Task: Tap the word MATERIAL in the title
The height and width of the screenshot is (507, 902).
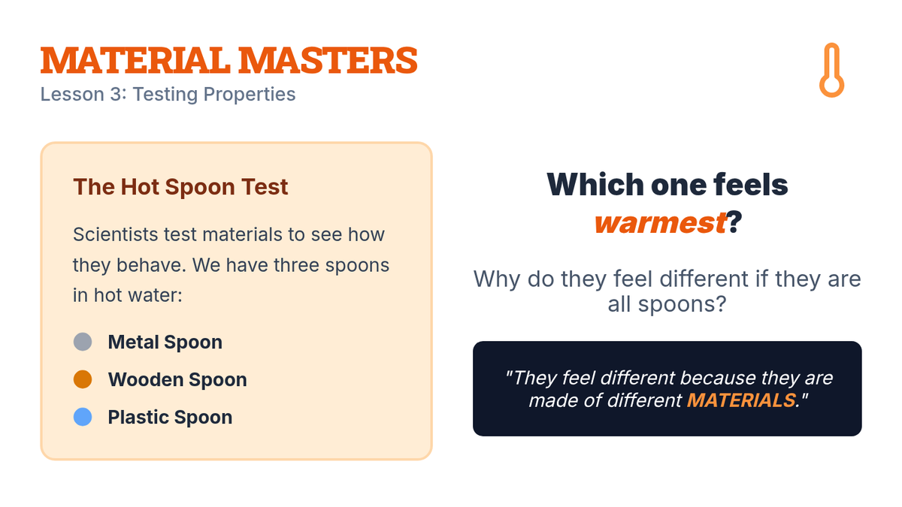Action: (x=135, y=60)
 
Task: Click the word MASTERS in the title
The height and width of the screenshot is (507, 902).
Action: (x=328, y=60)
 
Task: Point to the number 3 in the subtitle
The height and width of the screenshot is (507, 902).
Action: (x=116, y=94)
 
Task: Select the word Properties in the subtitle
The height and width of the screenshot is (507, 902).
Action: (x=250, y=95)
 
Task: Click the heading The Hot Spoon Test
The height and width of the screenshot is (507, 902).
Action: (x=180, y=187)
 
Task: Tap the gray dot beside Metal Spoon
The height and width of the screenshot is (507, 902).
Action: (x=83, y=342)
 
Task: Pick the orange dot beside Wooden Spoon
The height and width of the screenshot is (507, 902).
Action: (x=83, y=379)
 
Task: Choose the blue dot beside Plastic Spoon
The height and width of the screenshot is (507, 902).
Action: (x=83, y=416)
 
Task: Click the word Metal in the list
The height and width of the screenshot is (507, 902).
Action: (x=134, y=342)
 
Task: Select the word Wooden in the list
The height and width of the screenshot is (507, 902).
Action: (x=146, y=379)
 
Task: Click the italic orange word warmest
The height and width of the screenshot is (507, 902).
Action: (x=660, y=222)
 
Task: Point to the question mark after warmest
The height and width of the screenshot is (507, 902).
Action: (x=734, y=222)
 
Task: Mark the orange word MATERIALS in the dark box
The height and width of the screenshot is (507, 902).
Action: (x=741, y=400)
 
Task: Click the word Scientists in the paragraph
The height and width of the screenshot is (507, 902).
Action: (x=115, y=234)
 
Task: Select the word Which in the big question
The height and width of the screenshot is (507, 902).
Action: (x=595, y=184)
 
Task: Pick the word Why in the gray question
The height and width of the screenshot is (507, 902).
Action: (x=497, y=279)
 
